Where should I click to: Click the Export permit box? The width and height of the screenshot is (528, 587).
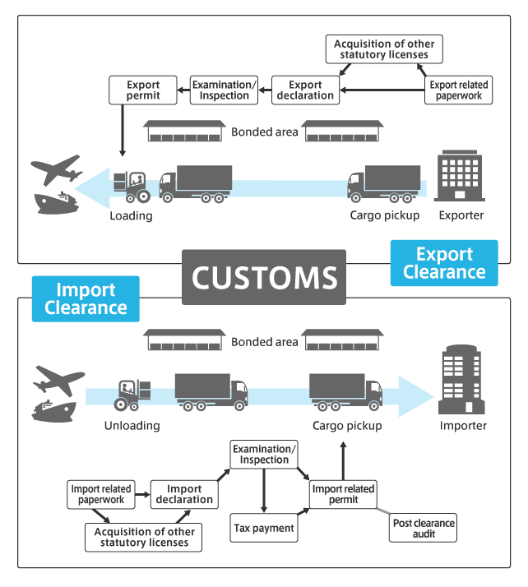pyautogui.click(x=143, y=90)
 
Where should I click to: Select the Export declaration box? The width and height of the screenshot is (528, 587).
pyautogui.click(x=304, y=90)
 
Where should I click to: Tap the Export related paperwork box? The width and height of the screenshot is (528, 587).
pyautogui.click(x=460, y=90)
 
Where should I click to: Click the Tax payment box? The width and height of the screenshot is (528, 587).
pyautogui.click(x=262, y=528)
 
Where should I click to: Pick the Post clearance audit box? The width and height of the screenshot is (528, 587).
pyautogui.click(x=423, y=528)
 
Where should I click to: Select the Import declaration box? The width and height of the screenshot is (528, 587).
pyautogui.click(x=184, y=494)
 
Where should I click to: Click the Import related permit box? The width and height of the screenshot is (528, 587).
pyautogui.click(x=343, y=494)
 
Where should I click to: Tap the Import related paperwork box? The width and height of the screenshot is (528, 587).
pyautogui.click(x=102, y=494)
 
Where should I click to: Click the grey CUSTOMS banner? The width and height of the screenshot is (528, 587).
pyautogui.click(x=264, y=277)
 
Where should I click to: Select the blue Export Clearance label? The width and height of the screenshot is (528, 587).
pyautogui.click(x=444, y=263)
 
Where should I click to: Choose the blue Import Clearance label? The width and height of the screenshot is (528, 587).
pyautogui.click(x=86, y=298)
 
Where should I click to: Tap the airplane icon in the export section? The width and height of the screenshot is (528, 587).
pyautogui.click(x=56, y=169)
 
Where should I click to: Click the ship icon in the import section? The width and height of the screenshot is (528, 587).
pyautogui.click(x=53, y=409)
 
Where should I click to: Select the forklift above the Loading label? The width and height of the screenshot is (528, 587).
pyautogui.click(x=131, y=188)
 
